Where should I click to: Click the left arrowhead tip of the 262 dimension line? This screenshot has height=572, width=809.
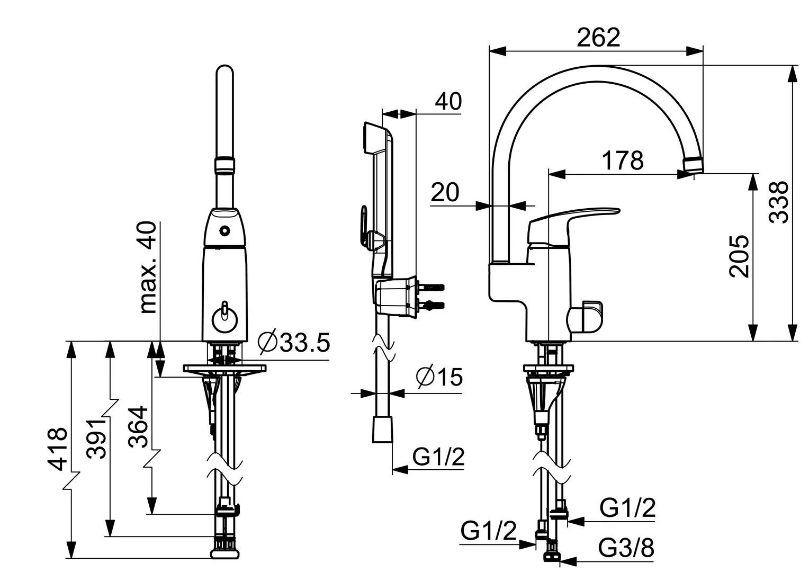tap(489, 51)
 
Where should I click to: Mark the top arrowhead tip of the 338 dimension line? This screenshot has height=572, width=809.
tap(793, 66)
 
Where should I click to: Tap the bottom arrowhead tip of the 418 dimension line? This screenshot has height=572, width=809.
tap(72, 558)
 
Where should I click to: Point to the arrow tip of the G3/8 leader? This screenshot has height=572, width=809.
tap(559, 561)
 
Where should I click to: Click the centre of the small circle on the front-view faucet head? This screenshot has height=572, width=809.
tap(224, 230)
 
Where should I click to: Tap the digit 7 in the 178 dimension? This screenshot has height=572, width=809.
tap(623, 160)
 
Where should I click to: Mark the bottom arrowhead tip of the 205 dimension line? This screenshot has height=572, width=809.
tap(753, 341)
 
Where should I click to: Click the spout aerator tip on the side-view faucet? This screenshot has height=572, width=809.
tap(694, 165)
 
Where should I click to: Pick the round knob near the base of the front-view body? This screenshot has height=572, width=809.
tap(224, 320)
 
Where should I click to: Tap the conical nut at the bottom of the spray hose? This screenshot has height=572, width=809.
tap(382, 430)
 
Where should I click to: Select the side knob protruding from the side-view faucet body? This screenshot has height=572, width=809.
tap(585, 317)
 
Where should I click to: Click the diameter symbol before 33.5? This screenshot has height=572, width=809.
tap(267, 342)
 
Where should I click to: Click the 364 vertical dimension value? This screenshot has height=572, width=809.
tap(138, 427)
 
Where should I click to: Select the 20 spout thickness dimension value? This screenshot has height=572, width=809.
tap(445, 192)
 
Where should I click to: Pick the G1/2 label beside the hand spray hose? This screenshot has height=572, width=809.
tap(438, 457)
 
